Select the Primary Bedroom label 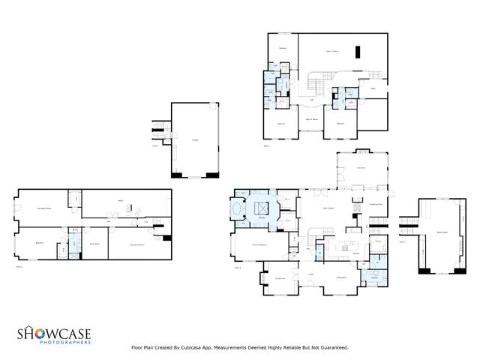[x=259, y=244]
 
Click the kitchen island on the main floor [x=346, y=244]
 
